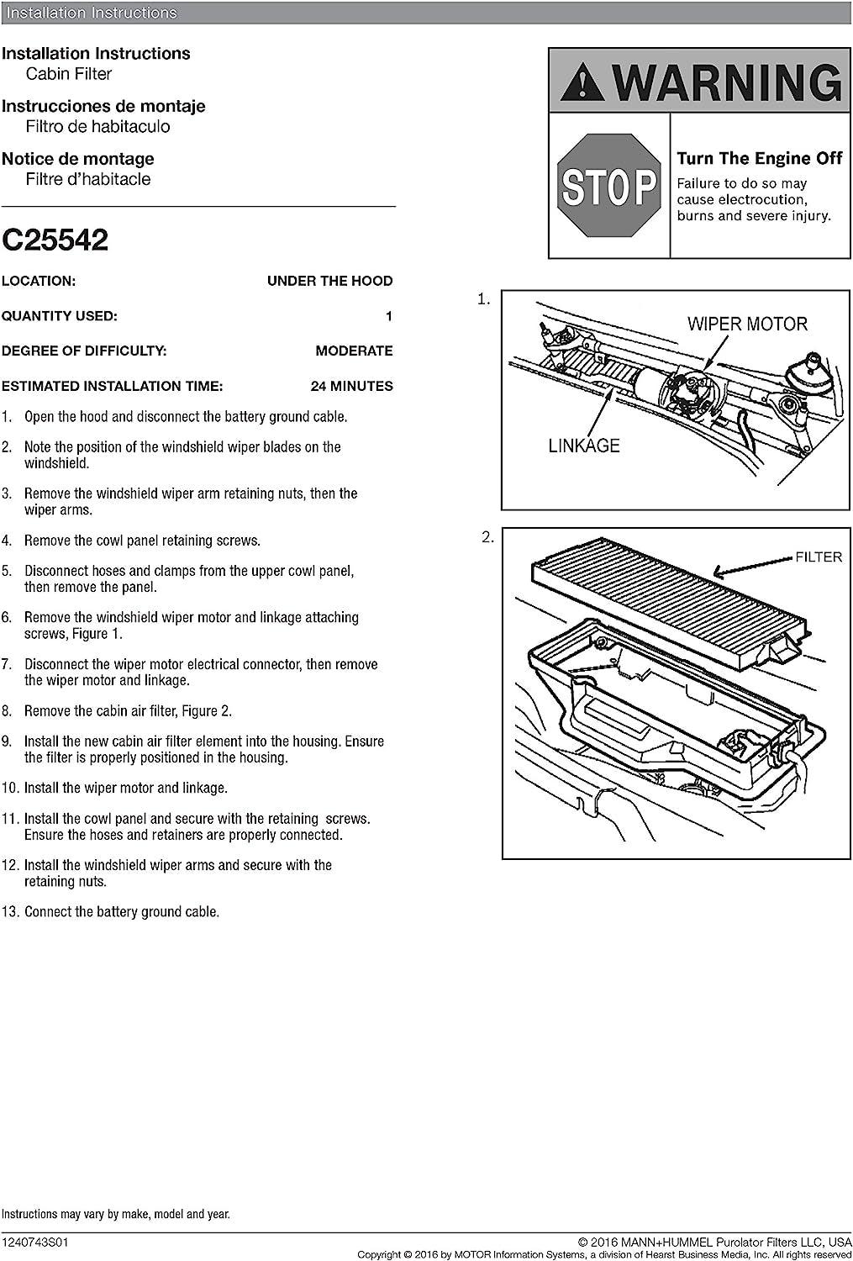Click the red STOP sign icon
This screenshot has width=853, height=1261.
coord(608,185)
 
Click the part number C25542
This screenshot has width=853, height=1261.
coord(55,240)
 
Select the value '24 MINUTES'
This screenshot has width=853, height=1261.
coord(351,387)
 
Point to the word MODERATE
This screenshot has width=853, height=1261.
coord(354,351)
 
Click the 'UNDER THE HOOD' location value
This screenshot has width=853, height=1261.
coord(329,281)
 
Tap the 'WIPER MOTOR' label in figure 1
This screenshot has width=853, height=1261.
coord(746,324)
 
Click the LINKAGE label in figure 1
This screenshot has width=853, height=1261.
coord(584,446)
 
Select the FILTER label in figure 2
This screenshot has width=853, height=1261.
coord(818,557)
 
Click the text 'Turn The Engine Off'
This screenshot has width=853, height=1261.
coord(759,159)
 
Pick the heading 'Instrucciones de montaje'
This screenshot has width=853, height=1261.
coord(103,107)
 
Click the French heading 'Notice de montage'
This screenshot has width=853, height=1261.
coord(78,159)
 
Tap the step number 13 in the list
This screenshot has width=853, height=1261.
coord(9,912)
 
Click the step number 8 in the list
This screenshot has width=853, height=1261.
coord(7,711)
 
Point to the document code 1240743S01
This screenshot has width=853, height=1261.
coord(35,1242)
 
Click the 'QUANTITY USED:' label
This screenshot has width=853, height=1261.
coord(60,316)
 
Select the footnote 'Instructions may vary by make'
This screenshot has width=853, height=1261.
coord(115,1214)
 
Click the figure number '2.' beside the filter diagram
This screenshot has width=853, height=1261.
coord(487,538)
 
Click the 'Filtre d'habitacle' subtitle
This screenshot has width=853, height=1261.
coord(88,179)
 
